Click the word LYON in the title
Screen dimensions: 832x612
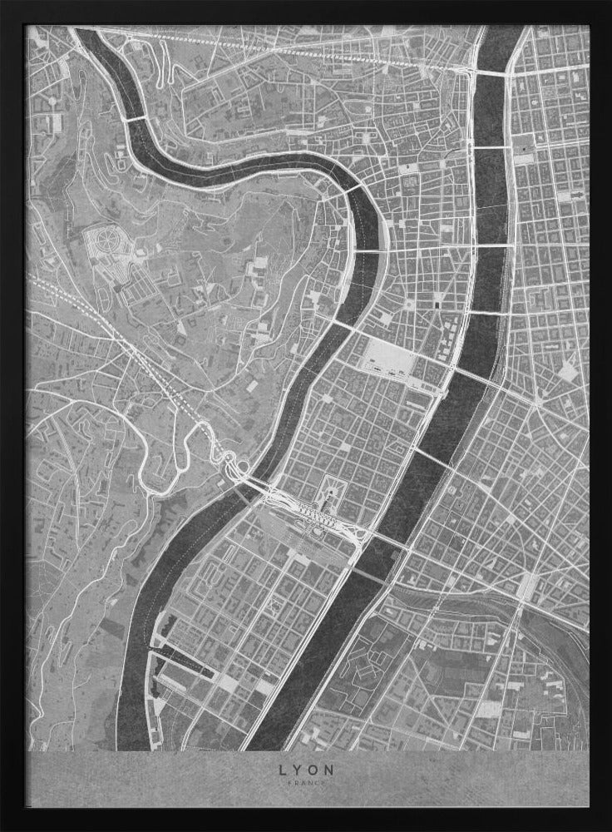[306, 770]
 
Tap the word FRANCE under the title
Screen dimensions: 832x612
[306, 784]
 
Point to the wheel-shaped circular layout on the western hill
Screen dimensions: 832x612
[107, 244]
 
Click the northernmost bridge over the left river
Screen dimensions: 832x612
[134, 119]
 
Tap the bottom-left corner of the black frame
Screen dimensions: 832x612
[8, 824]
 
